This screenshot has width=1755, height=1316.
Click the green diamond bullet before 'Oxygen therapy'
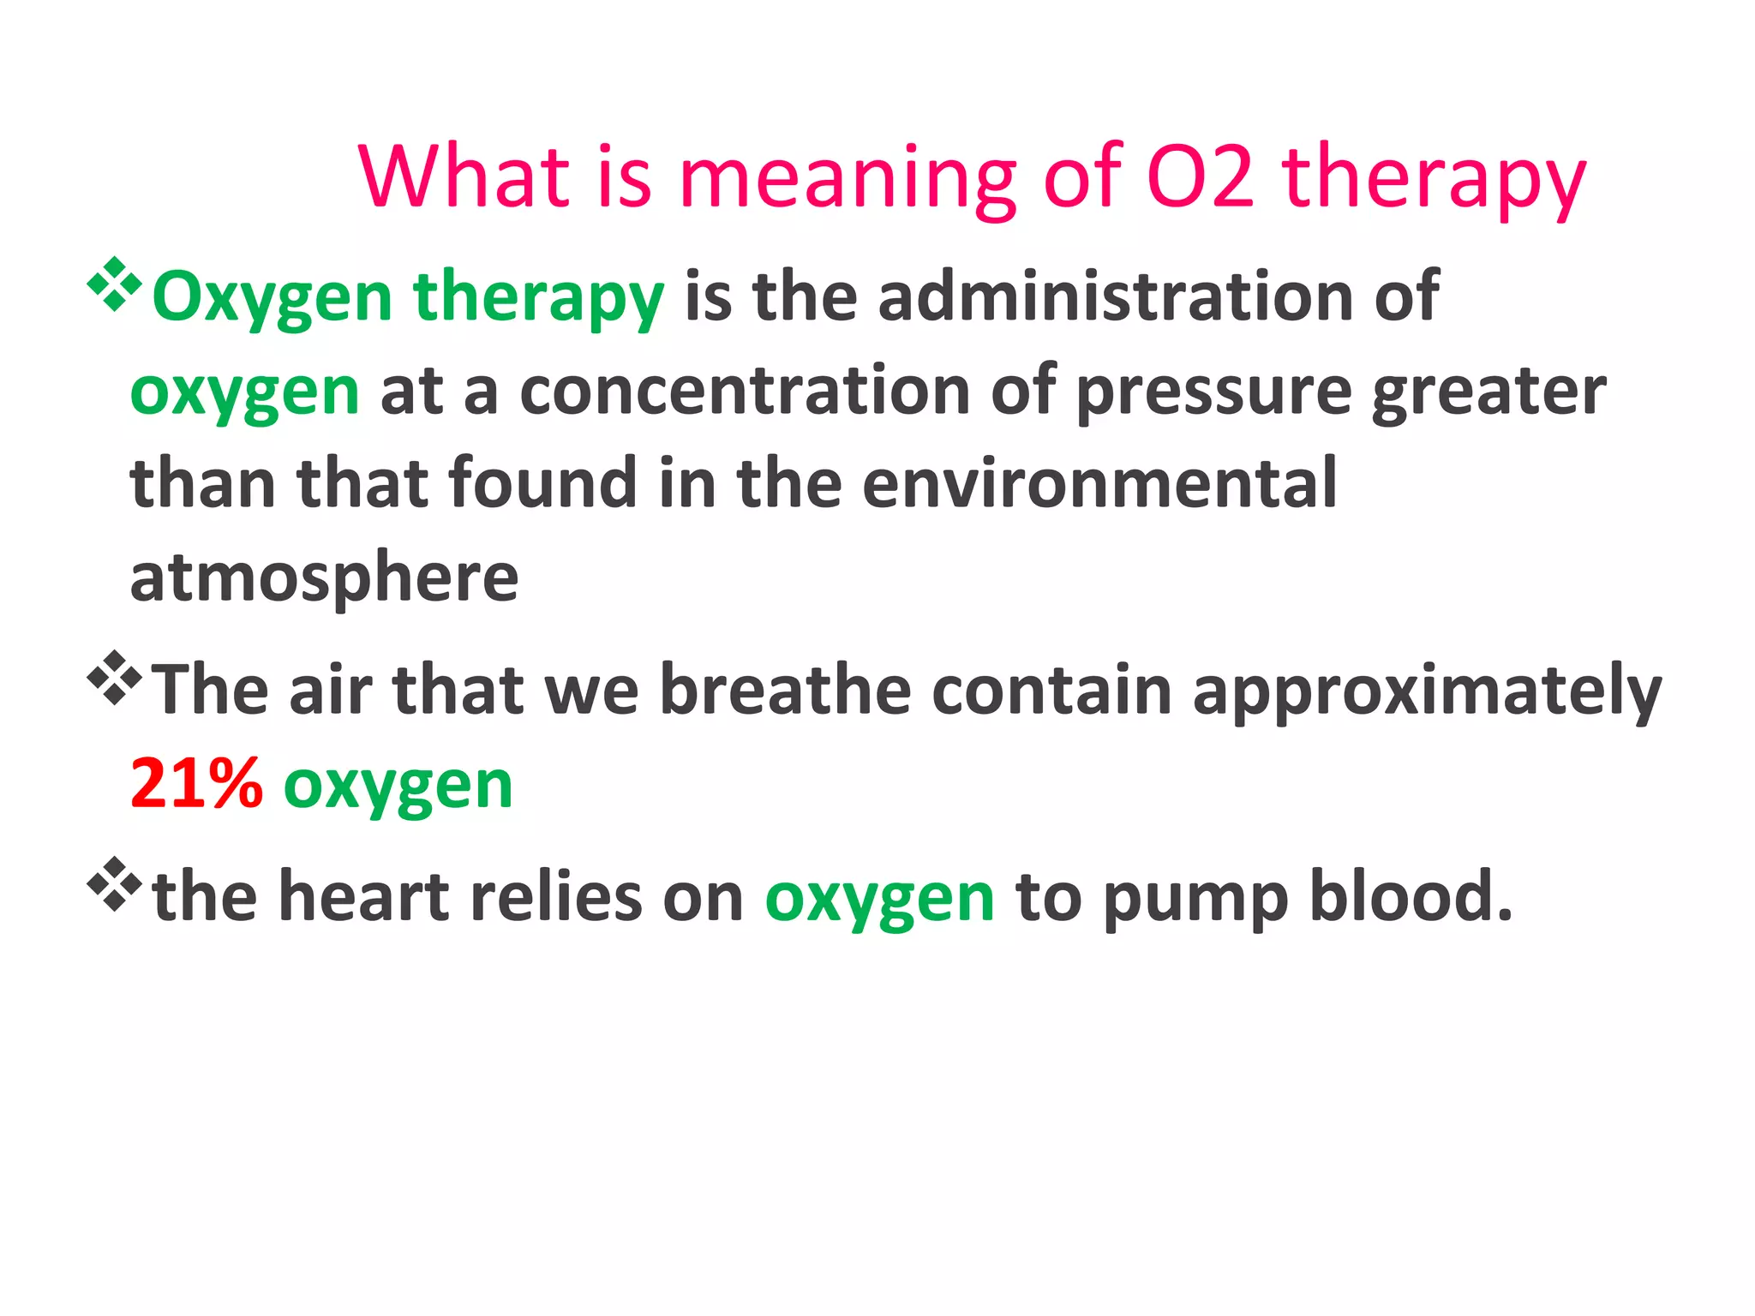[x=114, y=284]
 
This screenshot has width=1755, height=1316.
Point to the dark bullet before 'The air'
[x=114, y=678]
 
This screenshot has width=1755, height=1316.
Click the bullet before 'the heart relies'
[x=114, y=884]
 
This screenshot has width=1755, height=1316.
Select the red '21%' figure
[x=196, y=784]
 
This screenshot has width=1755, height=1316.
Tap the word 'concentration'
[x=745, y=391]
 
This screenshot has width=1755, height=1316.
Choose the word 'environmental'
[x=1099, y=484]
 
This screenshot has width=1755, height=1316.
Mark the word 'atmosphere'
[x=324, y=578]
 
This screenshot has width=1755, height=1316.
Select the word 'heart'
[x=365, y=897]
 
